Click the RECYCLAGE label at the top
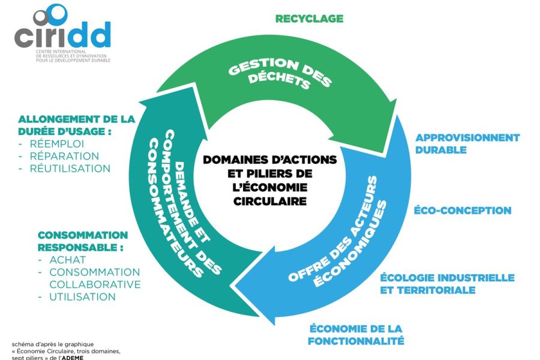point(309,19)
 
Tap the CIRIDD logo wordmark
point(62,35)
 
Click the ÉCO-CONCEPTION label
point(463,211)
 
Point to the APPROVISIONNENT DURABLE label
point(467,143)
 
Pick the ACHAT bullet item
point(67,260)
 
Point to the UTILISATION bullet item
point(82,296)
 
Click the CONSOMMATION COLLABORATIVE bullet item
point(94,278)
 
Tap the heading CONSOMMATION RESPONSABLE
point(83,241)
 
